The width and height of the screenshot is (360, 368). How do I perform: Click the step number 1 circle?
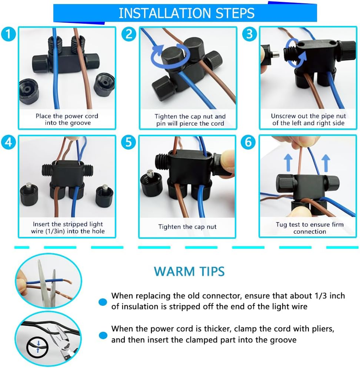[x=8, y=34]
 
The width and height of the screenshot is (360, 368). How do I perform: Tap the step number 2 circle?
[x=129, y=34]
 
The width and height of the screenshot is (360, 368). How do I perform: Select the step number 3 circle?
[x=250, y=34]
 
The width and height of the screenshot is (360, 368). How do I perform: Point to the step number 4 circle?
[x=8, y=142]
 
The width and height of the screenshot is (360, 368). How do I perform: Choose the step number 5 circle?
[x=129, y=142]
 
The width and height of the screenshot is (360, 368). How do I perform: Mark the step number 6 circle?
[x=249, y=142]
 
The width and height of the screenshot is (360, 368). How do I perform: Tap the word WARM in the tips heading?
[x=174, y=271]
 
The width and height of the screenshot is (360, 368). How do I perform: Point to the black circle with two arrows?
[x=38, y=347]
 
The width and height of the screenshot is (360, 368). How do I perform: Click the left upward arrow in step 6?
[x=288, y=163]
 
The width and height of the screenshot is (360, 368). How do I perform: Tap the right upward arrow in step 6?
[x=326, y=163]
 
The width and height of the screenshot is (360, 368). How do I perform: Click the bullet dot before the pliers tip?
[x=103, y=335]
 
